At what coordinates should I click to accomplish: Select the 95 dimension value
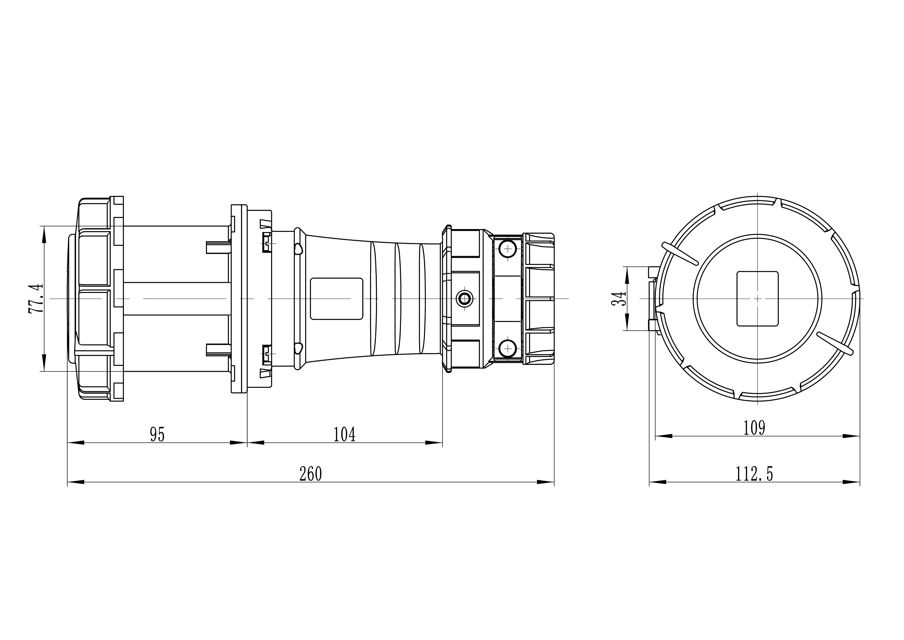point(157,435)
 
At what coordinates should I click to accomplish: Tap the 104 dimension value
point(345,435)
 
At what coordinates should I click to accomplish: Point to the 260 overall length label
point(311,474)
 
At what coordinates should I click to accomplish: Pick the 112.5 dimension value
point(754,474)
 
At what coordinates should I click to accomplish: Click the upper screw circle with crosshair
point(508,249)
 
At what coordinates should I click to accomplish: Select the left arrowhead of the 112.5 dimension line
point(657,482)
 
